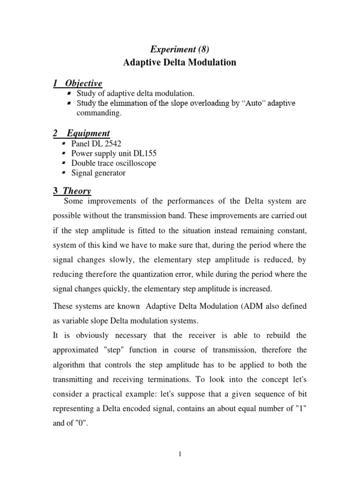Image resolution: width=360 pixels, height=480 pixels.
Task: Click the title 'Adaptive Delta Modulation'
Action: [x=180, y=62]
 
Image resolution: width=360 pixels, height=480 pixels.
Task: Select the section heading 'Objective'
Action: [x=83, y=83]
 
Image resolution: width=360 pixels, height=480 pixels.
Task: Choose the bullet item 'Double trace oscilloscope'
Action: [x=113, y=163]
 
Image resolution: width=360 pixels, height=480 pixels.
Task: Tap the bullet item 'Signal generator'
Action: [x=98, y=173]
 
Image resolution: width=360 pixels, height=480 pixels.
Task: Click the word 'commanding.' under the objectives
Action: [x=96, y=113]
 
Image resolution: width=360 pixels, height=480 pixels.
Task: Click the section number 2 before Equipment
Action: [x=55, y=134]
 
